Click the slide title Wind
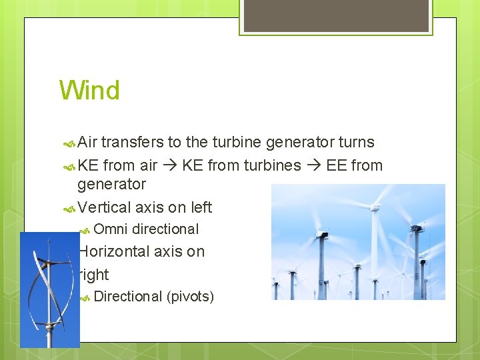tap(89, 90)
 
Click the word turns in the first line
tap(357, 142)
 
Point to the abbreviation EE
tap(336, 165)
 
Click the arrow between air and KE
tap(170, 166)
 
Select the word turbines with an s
tap(273, 165)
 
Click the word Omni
tap(111, 229)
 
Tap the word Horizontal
tap(114, 251)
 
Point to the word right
tap(94, 275)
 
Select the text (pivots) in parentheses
tap(190, 296)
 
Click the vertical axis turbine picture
tap(49, 290)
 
